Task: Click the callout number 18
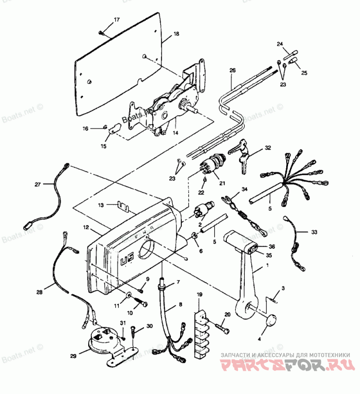(176, 34)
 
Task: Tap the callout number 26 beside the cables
(232, 71)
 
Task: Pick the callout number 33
(314, 232)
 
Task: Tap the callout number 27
(38, 184)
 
